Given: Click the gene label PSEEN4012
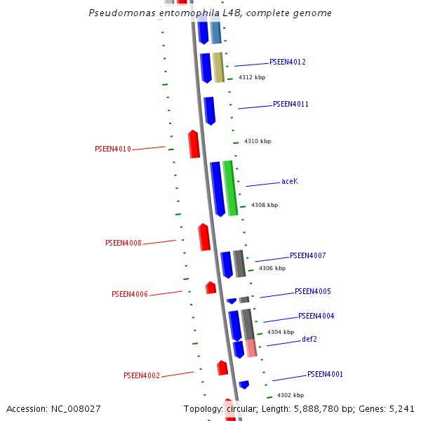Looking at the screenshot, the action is [x=287, y=62].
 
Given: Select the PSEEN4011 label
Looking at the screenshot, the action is [x=290, y=105].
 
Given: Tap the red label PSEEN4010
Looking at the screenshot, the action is [x=113, y=149].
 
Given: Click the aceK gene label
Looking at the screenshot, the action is [x=290, y=182].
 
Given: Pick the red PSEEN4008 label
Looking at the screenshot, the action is [x=123, y=243].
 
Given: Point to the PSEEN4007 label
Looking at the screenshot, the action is [x=307, y=256].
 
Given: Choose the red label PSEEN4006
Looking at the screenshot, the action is [x=130, y=295].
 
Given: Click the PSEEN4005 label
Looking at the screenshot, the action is [x=312, y=292].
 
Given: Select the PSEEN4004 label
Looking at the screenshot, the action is [x=316, y=316].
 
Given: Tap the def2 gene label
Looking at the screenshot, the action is [x=309, y=340].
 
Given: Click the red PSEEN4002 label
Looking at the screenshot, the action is [x=142, y=376].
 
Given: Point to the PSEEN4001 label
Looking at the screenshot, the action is [x=325, y=375].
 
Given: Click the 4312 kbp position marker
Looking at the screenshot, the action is [x=252, y=78].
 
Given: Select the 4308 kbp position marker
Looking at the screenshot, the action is [x=265, y=206].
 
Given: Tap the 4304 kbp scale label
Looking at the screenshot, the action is [x=281, y=333].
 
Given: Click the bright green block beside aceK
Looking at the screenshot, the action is [x=229, y=187].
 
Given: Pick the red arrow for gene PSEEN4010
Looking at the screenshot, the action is [x=194, y=144].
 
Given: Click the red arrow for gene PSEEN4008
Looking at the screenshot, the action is [x=204, y=237].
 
